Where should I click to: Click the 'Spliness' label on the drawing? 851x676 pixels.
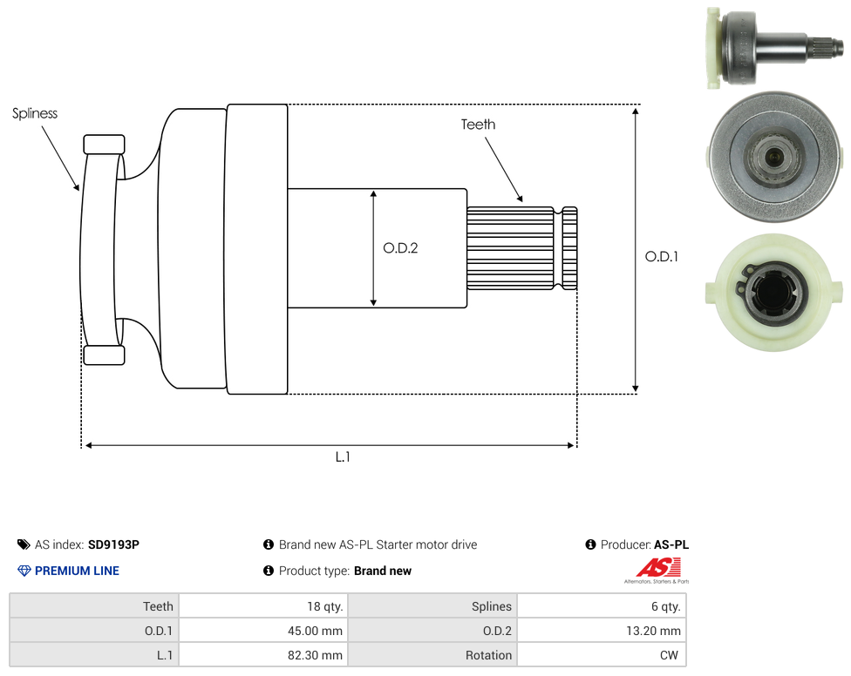point(35,113)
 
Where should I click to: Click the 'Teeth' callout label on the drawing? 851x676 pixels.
point(478,125)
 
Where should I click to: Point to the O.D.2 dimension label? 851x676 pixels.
point(400,248)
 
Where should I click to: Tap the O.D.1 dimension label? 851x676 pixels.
point(662,256)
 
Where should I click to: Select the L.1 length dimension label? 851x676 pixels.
point(343,457)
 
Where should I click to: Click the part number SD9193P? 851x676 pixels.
point(113,544)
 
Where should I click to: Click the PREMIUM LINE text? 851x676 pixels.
point(77,571)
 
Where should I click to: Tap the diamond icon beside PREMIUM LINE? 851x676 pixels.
point(24,571)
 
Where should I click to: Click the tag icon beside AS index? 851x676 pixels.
point(24,544)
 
